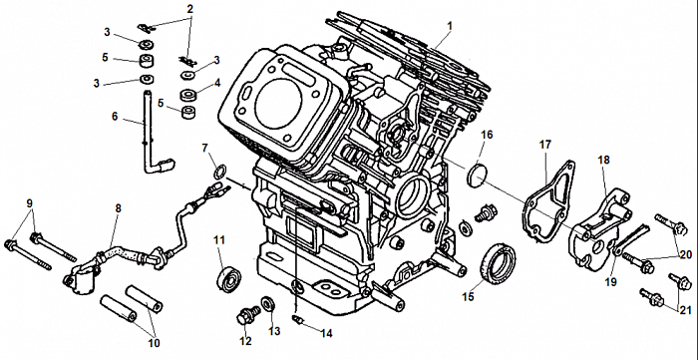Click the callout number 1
click(x=449, y=26)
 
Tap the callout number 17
click(x=544, y=145)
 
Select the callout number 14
click(x=326, y=333)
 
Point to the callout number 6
click(x=115, y=116)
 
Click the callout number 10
click(x=154, y=343)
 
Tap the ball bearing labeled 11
click(x=228, y=278)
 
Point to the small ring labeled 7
click(x=219, y=171)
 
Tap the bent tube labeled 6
click(x=154, y=134)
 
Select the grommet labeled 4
click(x=188, y=96)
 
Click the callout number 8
click(x=118, y=208)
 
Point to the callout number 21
click(x=686, y=310)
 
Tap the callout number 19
click(x=611, y=282)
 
